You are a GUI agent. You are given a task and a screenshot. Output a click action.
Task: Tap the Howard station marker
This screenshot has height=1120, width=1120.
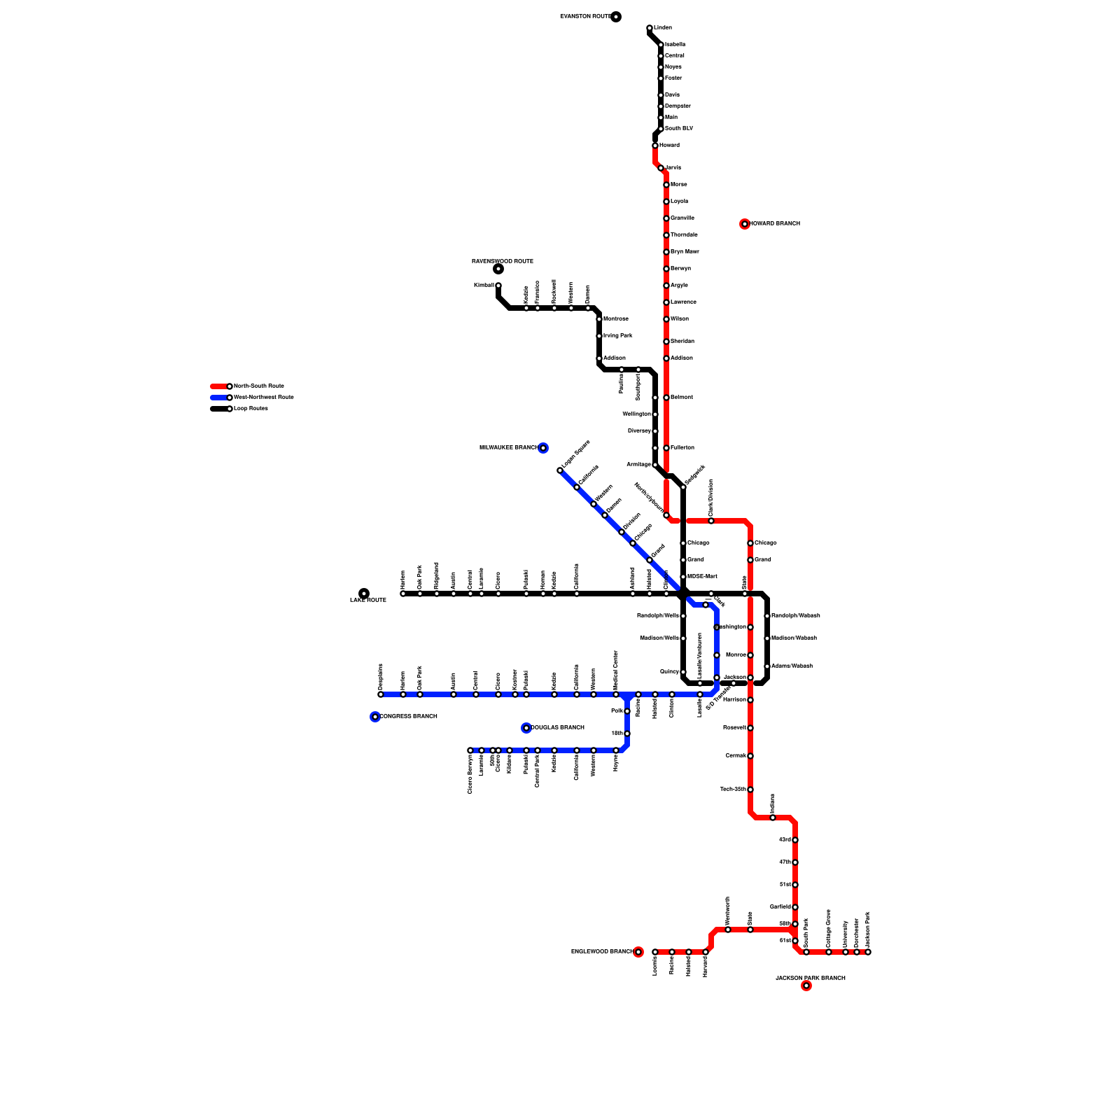[x=655, y=146]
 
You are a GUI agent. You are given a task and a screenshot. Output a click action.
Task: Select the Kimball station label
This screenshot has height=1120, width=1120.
[x=484, y=286]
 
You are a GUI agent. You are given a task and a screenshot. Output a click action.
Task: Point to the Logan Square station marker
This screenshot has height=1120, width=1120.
[x=560, y=470]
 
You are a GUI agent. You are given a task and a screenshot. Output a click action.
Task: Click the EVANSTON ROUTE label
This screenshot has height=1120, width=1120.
[x=585, y=16]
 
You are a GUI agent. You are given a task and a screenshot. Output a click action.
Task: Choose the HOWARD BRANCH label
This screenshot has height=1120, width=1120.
[x=774, y=224]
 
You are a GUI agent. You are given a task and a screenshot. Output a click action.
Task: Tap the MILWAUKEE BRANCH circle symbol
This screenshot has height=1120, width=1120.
[x=543, y=448]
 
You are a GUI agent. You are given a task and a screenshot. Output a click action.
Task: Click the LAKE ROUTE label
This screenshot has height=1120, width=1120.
[x=368, y=601]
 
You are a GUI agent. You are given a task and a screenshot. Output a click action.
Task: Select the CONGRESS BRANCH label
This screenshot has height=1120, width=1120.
[x=408, y=717]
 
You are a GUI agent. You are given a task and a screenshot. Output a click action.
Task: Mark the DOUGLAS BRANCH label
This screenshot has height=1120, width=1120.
[x=557, y=728]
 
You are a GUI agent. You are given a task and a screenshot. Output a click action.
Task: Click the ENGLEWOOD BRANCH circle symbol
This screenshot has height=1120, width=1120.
[x=638, y=952]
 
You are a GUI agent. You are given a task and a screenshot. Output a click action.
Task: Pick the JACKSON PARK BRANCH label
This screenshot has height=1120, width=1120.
[x=810, y=978]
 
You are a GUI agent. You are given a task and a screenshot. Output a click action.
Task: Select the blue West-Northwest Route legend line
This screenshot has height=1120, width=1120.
[x=219, y=398]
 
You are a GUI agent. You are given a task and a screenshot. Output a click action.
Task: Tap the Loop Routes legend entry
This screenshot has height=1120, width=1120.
[x=251, y=409]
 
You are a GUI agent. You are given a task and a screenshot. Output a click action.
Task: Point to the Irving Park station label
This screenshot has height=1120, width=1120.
[x=617, y=336]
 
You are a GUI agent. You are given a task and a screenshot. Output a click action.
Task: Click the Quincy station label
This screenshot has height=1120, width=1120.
[x=669, y=672]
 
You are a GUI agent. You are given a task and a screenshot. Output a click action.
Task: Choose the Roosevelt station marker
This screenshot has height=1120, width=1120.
[x=750, y=728]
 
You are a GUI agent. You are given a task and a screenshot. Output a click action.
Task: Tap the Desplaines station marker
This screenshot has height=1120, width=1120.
[x=381, y=694]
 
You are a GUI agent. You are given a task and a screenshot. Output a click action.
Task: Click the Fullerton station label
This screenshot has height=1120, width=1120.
[x=682, y=448]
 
